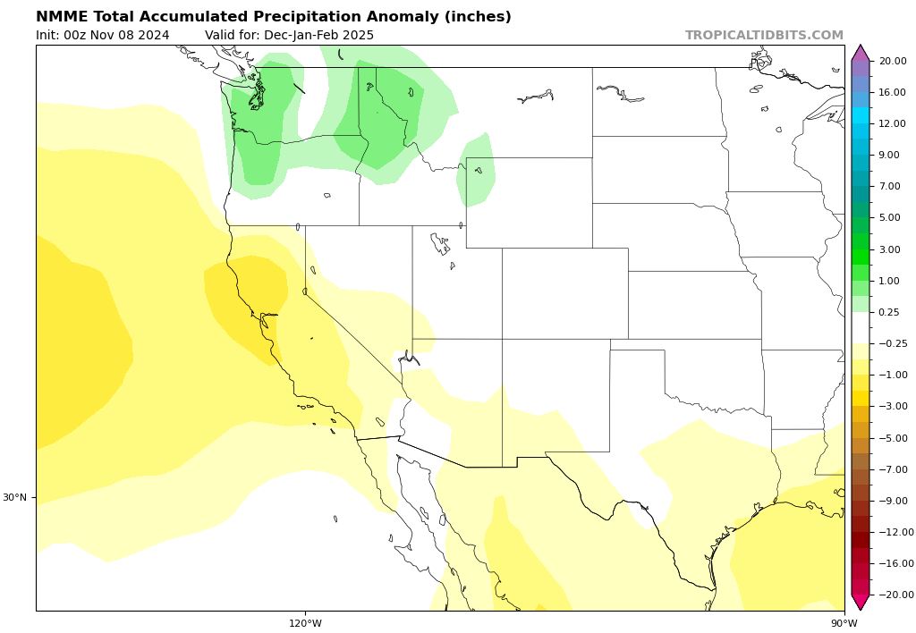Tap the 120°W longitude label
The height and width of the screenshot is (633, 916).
(305, 623)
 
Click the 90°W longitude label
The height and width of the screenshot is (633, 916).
(844, 623)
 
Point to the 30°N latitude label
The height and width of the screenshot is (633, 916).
(14, 497)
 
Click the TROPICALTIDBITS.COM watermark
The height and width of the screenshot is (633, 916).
(764, 36)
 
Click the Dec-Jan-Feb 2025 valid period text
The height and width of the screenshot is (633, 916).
(318, 36)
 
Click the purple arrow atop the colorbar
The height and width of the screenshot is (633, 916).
(861, 52)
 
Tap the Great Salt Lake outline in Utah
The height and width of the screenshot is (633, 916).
(439, 241)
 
